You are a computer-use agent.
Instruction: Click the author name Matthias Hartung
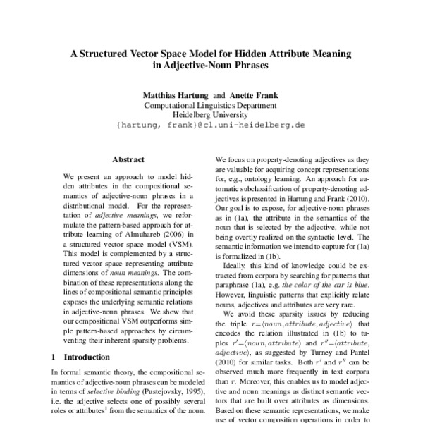[x=176, y=94]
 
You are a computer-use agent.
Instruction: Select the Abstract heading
[x=128, y=160]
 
